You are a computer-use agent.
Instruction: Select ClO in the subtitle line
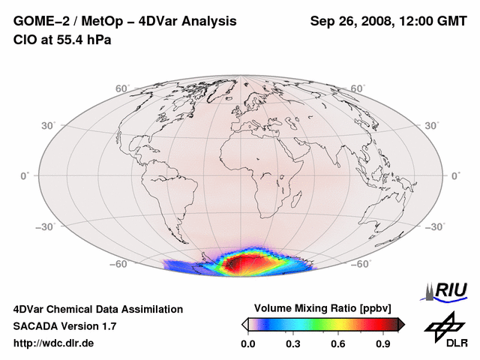(25, 40)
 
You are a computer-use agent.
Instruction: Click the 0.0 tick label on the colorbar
(247, 344)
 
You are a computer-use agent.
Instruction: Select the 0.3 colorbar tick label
(293, 344)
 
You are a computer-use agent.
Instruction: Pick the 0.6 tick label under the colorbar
(338, 344)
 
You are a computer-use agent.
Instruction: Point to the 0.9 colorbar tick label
(384, 344)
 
